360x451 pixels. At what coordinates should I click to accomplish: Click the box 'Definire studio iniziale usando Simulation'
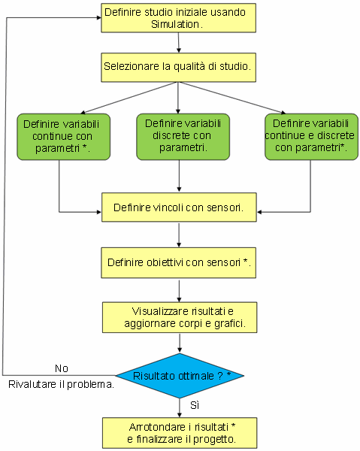pyautogui.click(x=178, y=18)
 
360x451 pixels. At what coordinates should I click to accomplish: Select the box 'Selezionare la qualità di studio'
pyautogui.click(x=178, y=68)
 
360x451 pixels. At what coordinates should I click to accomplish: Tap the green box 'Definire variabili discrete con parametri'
pyautogui.click(x=183, y=137)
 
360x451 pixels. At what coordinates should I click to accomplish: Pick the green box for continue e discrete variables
pyautogui.click(x=311, y=137)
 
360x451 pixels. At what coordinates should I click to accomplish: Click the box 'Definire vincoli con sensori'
pyautogui.click(x=179, y=207)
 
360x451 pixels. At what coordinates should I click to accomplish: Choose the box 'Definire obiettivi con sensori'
pyautogui.click(x=179, y=262)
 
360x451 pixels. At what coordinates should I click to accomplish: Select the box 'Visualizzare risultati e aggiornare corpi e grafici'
pyautogui.click(x=180, y=317)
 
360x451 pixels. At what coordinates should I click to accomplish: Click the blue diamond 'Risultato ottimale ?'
pyautogui.click(x=180, y=376)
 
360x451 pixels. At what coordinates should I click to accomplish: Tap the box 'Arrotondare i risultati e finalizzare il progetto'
pyautogui.click(x=180, y=433)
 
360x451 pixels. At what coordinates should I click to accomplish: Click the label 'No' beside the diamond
pyautogui.click(x=62, y=368)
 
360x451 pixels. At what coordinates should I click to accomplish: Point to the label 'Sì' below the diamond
pyautogui.click(x=195, y=405)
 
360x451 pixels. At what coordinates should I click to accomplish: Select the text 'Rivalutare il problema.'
pyautogui.click(x=61, y=384)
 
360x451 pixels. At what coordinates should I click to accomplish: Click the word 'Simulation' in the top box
pyautogui.click(x=175, y=25)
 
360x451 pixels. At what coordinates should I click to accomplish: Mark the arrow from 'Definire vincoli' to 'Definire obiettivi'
pyautogui.click(x=179, y=235)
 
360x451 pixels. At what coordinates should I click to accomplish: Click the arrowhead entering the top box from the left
pyautogui.click(x=99, y=18)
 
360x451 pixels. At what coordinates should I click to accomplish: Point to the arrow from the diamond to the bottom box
pyautogui.click(x=180, y=408)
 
